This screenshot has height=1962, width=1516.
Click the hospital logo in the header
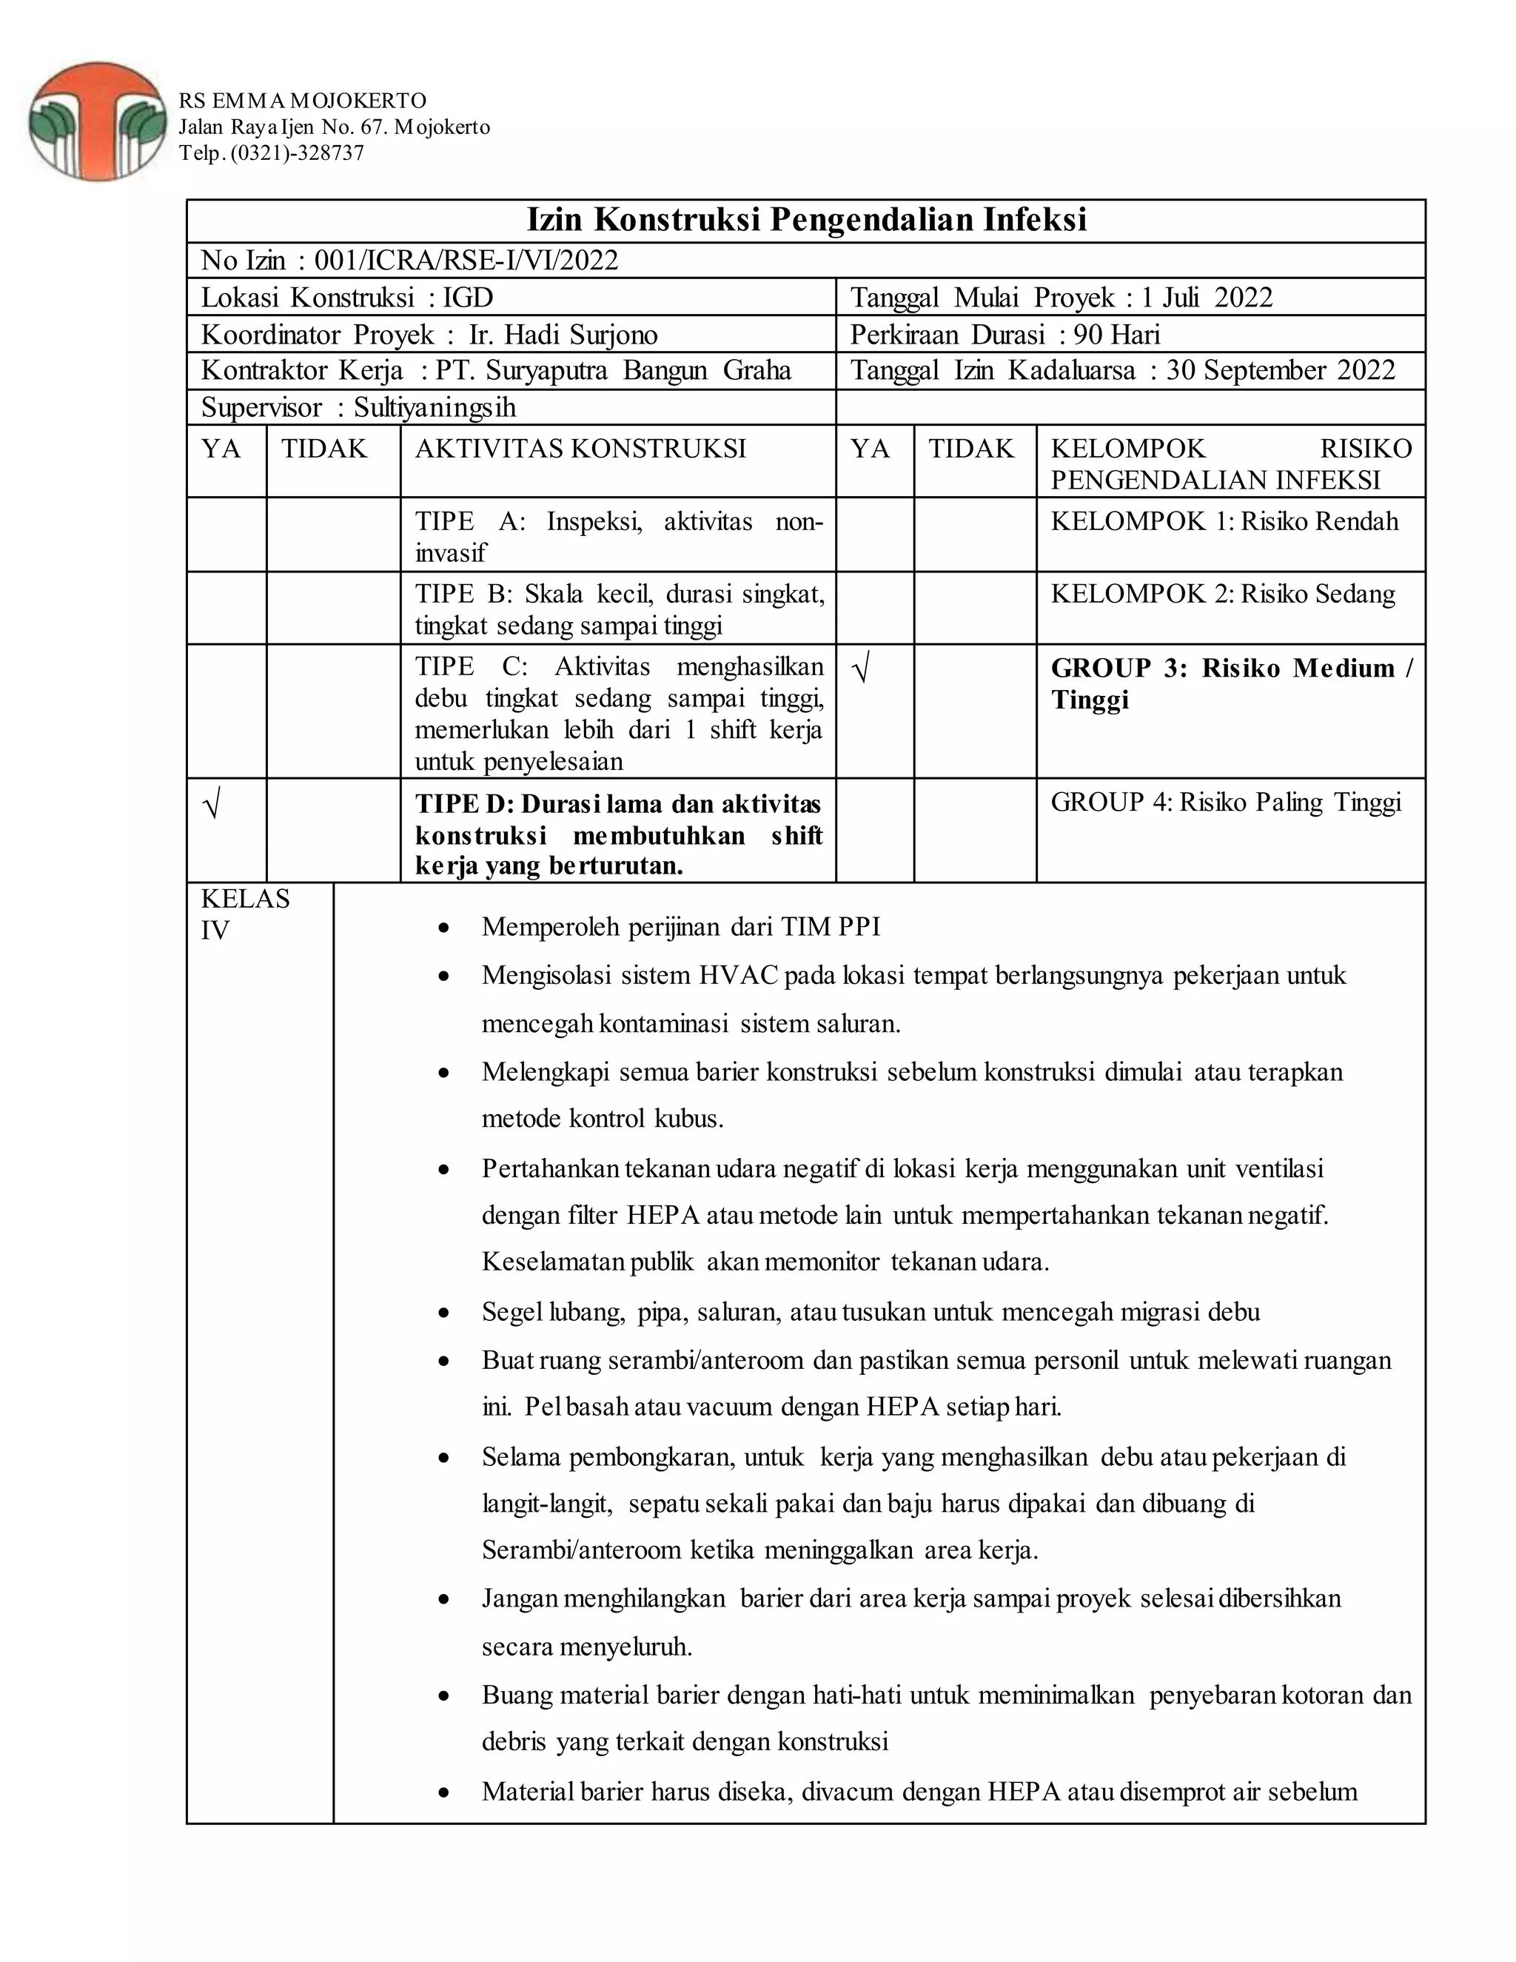coord(97,121)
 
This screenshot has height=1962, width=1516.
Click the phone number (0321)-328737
coord(298,153)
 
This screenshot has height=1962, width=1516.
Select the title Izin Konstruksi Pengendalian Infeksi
coord(805,220)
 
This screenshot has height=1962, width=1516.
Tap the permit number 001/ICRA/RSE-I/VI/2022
coord(466,261)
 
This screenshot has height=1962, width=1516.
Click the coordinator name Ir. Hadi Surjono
coord(563,335)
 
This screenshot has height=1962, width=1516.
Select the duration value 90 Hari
coord(1116,335)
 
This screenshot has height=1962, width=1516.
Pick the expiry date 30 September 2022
coord(1280,371)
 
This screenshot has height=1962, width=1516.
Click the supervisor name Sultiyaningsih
coord(435,408)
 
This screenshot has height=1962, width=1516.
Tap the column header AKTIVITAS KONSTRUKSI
coord(580,449)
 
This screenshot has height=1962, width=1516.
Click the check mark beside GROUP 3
coord(860,671)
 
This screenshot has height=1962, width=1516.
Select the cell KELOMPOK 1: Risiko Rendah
coord(1224,522)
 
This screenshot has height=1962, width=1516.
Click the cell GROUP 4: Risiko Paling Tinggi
coord(1225,803)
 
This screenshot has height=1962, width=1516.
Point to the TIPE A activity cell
coord(618,536)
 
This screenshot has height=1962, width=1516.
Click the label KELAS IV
coord(244,914)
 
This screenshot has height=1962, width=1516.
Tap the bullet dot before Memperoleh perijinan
coord(443,928)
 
